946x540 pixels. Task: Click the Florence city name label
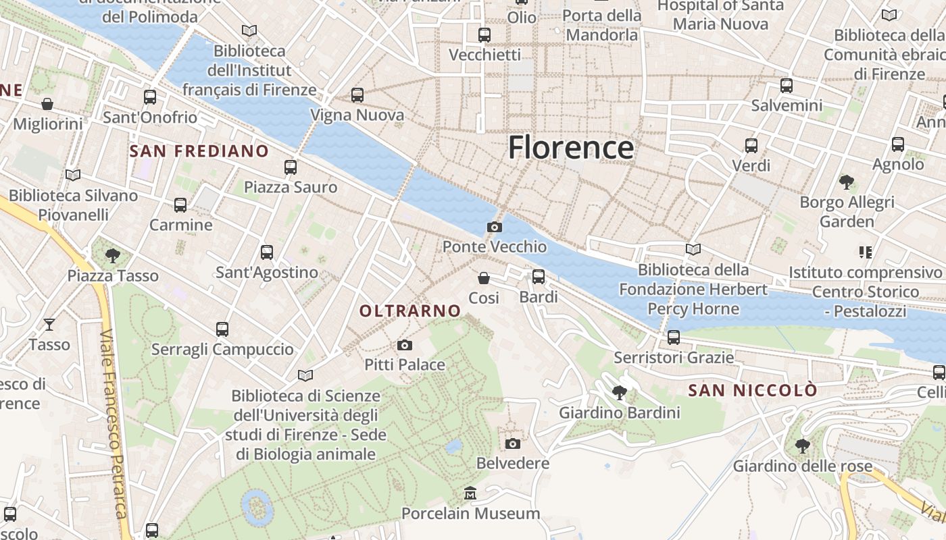[571, 147]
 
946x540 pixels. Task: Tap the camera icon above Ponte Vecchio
[495, 227]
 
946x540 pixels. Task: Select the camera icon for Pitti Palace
[405, 346]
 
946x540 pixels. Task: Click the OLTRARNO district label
[410, 311]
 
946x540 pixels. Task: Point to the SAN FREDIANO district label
[199, 151]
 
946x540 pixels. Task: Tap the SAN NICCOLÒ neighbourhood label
[753, 390]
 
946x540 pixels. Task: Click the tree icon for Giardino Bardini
[619, 392]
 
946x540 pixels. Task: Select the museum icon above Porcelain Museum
[470, 493]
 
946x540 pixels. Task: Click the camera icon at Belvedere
[513, 443]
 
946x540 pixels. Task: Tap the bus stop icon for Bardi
[539, 277]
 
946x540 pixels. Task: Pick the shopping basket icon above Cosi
[484, 278]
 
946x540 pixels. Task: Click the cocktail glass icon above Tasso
[49, 325]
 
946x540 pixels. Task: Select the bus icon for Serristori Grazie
[674, 337]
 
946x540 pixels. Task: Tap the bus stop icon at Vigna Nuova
[357, 95]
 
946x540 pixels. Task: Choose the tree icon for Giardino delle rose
[802, 446]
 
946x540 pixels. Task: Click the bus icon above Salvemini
[787, 86]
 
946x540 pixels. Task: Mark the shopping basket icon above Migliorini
[47, 104]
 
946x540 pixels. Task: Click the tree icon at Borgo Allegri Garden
[846, 182]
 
